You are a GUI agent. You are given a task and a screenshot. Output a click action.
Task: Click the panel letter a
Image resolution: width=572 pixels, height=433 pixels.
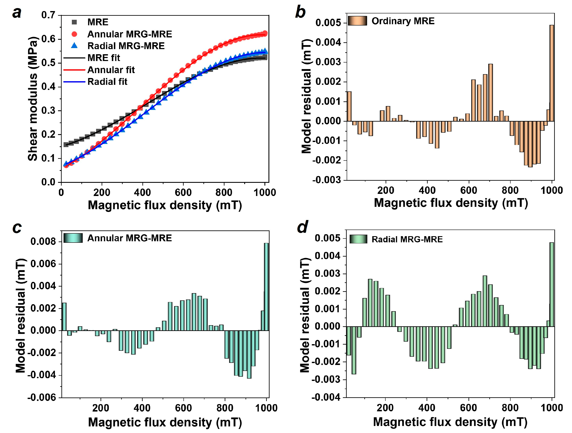[x=17, y=13]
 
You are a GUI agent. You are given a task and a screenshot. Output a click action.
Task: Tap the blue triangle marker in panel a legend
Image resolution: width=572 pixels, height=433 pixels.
[x=74, y=46]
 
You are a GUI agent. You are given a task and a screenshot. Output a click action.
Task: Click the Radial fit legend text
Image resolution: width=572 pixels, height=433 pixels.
[x=107, y=82]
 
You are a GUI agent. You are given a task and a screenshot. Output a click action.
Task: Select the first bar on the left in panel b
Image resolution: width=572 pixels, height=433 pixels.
[x=349, y=106]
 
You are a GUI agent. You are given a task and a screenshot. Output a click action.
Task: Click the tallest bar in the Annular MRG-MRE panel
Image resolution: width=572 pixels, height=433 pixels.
[x=266, y=287]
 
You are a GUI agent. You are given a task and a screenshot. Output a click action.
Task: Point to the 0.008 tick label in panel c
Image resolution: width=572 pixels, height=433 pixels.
[x=43, y=242]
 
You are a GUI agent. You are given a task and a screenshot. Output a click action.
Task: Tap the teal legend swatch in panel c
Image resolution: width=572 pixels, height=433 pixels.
[x=73, y=238]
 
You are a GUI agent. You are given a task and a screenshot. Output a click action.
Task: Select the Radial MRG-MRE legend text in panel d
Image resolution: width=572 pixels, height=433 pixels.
[x=407, y=240]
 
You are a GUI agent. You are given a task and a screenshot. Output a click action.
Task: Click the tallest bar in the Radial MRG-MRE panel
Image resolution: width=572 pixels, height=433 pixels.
[x=552, y=285]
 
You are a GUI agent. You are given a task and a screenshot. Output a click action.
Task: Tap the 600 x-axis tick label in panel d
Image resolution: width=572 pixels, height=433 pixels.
[x=468, y=408]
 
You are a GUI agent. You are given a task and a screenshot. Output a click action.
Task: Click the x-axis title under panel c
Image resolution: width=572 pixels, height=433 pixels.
[x=165, y=422]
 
